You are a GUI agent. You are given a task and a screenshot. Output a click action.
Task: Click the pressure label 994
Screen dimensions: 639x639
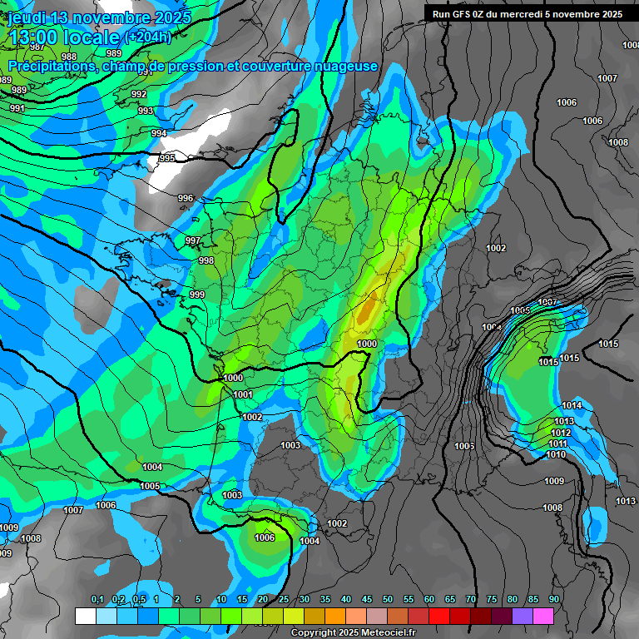[x=159, y=133]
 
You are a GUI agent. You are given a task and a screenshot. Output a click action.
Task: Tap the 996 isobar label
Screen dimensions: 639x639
[x=186, y=198]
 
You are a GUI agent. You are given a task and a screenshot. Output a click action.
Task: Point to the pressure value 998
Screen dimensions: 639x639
[x=206, y=260]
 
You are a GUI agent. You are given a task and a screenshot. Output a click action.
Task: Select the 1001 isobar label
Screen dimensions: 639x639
[x=243, y=394]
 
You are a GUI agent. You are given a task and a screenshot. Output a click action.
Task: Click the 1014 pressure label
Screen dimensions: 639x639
[x=572, y=405]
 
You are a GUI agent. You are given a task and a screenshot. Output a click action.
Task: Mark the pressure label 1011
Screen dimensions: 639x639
[x=557, y=443]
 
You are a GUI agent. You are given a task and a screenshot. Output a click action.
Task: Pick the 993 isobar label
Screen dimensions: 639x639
[x=146, y=111]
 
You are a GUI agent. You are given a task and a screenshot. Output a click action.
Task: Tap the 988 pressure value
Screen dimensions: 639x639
[x=69, y=57]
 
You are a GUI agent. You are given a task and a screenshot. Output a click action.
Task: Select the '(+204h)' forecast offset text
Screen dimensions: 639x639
[x=147, y=37]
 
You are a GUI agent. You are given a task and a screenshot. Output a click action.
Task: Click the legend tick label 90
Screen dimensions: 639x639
[x=553, y=599]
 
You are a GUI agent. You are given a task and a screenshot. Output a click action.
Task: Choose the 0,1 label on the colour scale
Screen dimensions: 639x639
[x=97, y=599]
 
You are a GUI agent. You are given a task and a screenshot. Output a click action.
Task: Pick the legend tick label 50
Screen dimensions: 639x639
[x=388, y=599]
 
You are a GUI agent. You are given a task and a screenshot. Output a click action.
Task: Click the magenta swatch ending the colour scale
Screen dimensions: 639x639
[x=543, y=616]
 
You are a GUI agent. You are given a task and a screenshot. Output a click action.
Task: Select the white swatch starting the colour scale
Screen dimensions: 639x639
[x=85, y=616]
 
